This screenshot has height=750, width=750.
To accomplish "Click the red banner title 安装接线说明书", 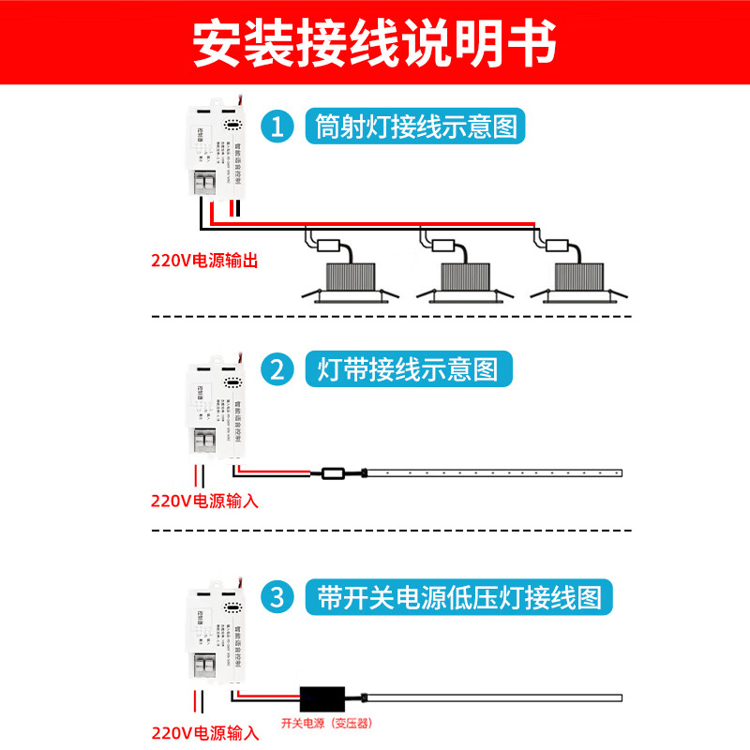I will [x=375, y=41].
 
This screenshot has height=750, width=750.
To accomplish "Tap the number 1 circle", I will [x=277, y=127].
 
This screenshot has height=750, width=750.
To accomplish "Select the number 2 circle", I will [x=277, y=368].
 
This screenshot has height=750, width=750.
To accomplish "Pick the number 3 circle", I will [x=277, y=596].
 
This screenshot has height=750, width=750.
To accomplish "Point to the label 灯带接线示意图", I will [x=409, y=368].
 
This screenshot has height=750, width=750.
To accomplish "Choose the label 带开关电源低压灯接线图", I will [x=459, y=596].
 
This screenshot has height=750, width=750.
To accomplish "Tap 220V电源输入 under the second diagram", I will [x=204, y=501].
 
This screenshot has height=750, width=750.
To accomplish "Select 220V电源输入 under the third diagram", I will [x=204, y=730].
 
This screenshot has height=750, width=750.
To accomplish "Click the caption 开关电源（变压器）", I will [x=333, y=723].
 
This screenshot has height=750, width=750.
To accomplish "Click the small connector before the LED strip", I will [x=334, y=472].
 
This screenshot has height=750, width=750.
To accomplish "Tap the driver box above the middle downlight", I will [x=444, y=246].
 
